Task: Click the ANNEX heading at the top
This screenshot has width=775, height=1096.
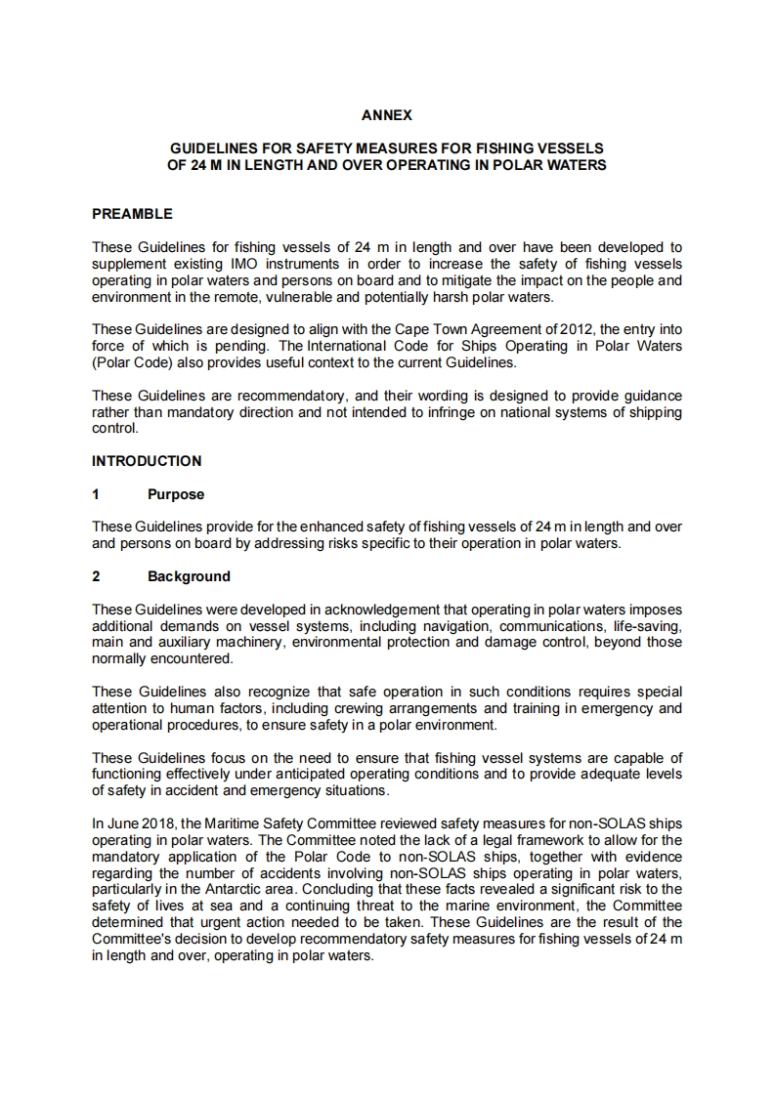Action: pos(387,115)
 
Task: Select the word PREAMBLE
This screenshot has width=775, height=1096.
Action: pos(132,214)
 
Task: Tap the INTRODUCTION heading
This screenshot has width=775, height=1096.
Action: pos(147,461)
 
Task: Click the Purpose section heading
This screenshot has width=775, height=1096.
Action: pos(176,494)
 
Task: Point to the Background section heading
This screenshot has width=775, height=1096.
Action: pos(189,576)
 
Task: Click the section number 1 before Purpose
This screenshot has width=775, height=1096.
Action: pos(96,494)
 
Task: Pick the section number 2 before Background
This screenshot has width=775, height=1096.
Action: pos(96,576)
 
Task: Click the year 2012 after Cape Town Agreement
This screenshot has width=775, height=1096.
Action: pos(575,330)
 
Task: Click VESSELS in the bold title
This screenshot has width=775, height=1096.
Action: pos(568,148)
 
